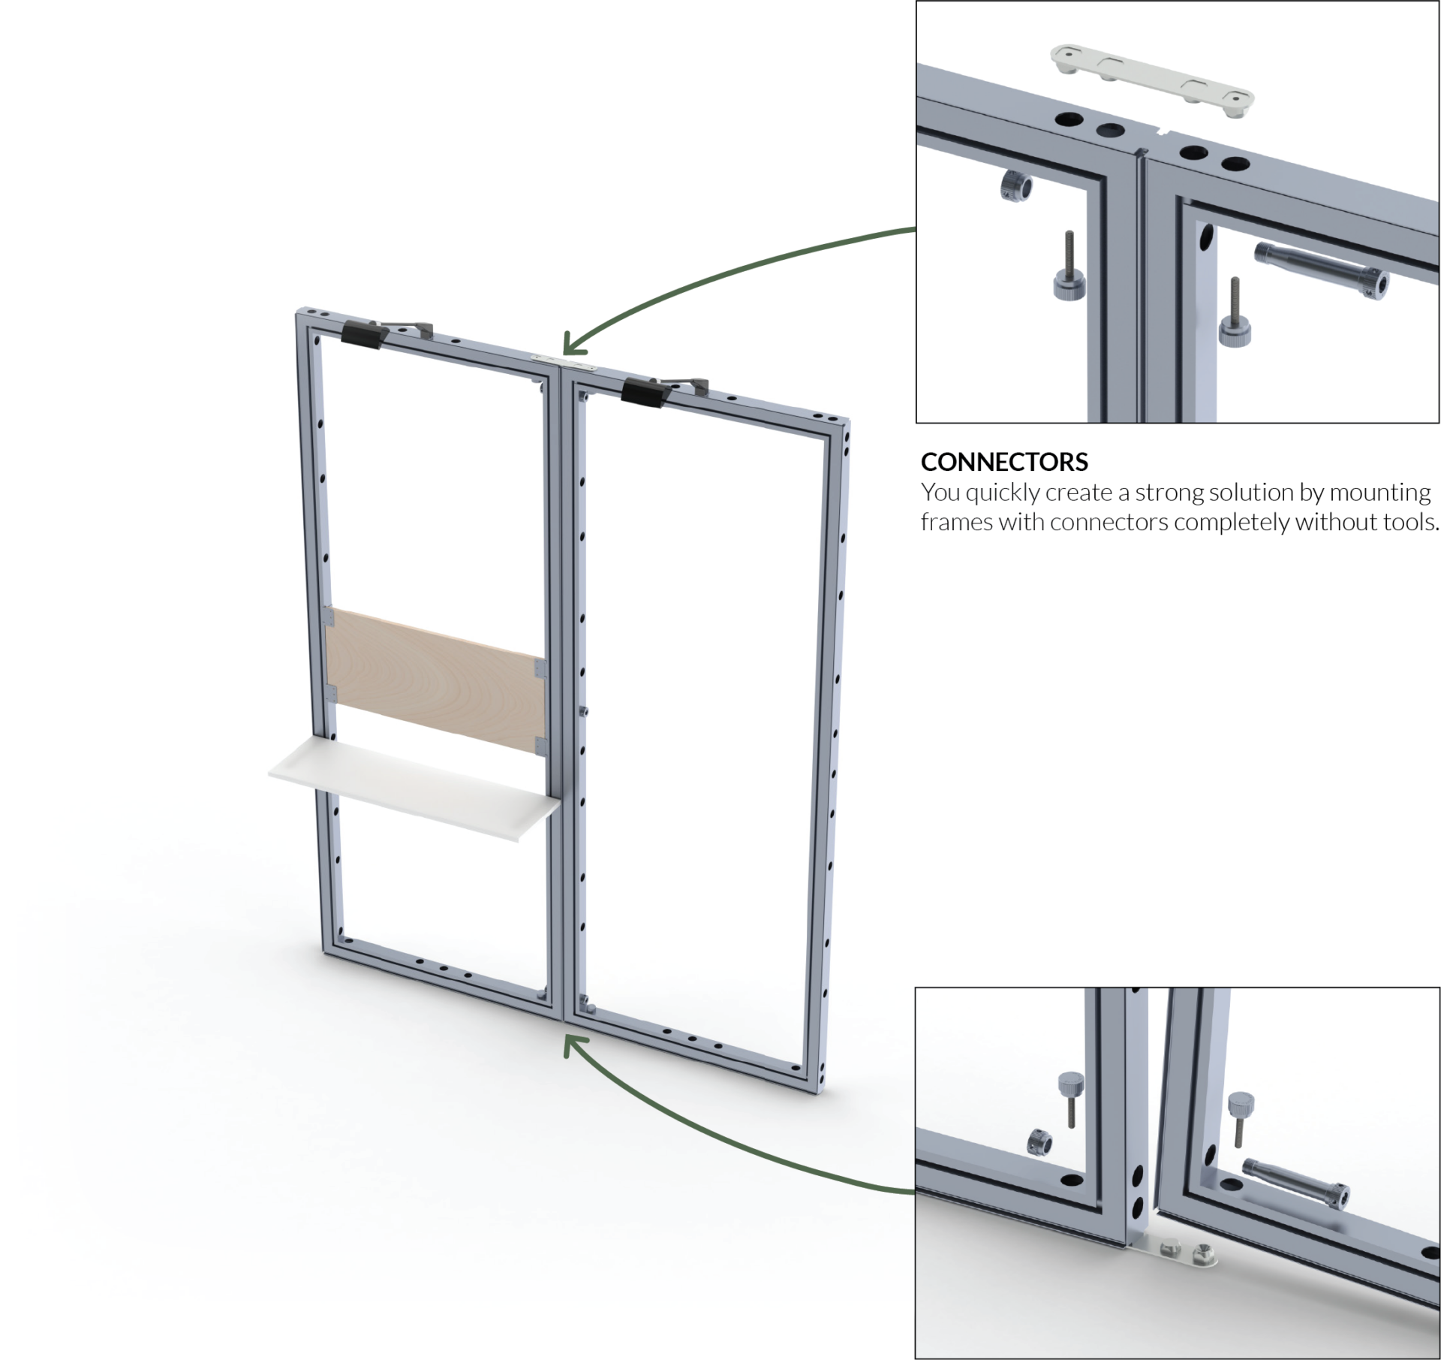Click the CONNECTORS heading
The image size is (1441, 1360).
tap(1003, 462)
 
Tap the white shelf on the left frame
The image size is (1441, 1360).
tap(414, 788)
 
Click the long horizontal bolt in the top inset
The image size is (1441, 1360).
tap(1320, 267)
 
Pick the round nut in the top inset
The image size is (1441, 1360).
tap(1016, 185)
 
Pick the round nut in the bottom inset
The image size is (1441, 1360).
tap(1039, 1141)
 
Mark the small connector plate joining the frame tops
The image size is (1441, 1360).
tap(566, 363)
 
